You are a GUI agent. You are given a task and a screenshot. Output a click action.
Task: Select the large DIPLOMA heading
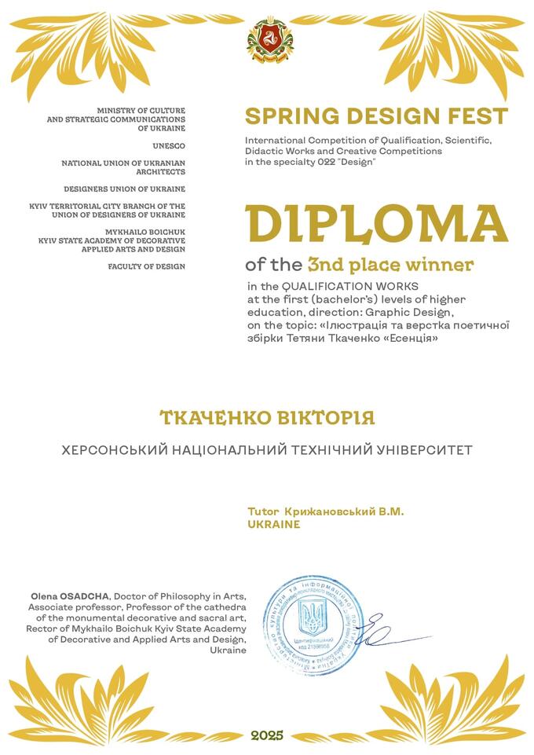pos(376,223)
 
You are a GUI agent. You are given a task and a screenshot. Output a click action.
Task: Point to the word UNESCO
pos(169,145)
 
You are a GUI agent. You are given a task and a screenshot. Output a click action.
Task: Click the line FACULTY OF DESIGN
pos(147,266)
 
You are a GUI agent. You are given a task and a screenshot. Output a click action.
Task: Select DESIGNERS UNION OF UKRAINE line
pos(125,189)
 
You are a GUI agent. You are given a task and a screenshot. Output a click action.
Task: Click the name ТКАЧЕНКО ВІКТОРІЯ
pos(267,417)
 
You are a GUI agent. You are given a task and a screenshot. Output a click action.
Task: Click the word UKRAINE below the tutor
pos(273,524)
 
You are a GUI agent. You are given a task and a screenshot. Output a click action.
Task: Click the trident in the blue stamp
pos(313,618)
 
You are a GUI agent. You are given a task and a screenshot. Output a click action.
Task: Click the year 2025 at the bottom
pos(267,735)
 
